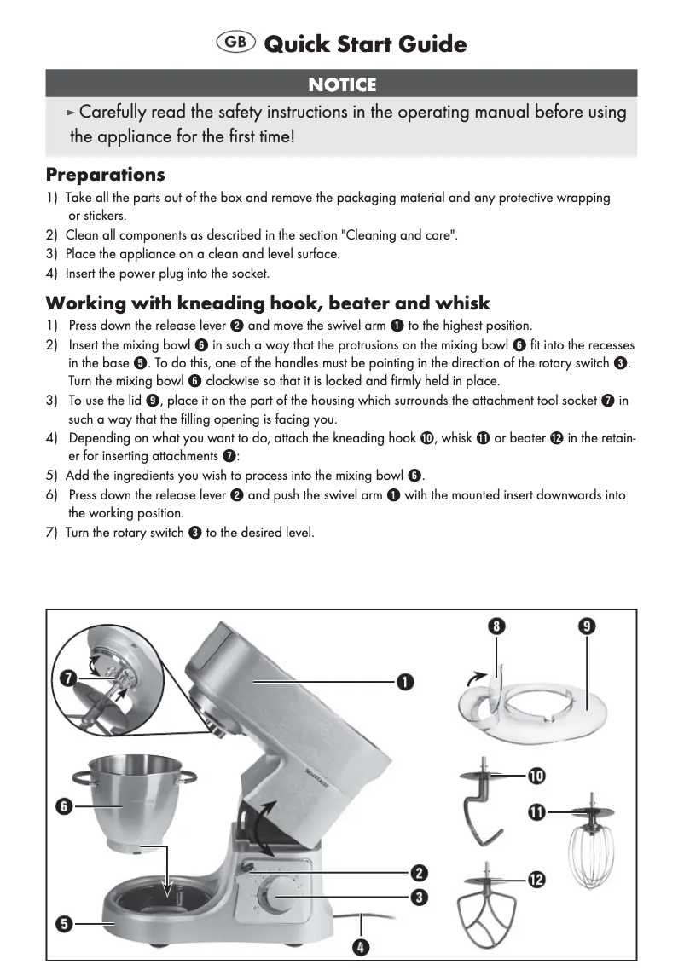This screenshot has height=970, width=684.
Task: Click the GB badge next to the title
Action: (236, 43)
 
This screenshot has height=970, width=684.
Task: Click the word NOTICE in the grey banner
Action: (341, 84)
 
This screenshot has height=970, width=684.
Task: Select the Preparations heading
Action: (105, 175)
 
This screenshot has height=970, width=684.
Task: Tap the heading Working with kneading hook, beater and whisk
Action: (268, 303)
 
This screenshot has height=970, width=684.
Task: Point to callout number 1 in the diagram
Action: (404, 682)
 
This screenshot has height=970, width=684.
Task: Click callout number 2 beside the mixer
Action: (420, 873)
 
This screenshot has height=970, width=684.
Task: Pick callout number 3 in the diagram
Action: (420, 897)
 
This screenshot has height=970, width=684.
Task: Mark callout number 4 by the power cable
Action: (362, 947)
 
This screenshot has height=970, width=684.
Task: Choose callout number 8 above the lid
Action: (496, 626)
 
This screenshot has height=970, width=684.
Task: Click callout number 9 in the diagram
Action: (588, 626)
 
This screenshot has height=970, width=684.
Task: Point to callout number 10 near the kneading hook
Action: (536, 776)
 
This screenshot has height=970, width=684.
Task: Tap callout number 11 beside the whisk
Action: (536, 812)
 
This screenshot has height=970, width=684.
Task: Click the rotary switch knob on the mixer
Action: (277, 898)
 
